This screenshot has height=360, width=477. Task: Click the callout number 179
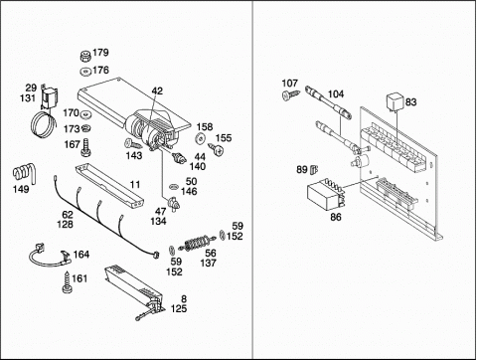(100, 53)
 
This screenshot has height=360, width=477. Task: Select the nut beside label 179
(85, 56)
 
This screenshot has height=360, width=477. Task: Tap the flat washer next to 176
(85, 72)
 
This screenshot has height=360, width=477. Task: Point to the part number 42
(157, 90)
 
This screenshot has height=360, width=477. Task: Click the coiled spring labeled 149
(24, 173)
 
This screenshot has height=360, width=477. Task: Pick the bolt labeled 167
(86, 147)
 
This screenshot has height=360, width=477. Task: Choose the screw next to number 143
(133, 144)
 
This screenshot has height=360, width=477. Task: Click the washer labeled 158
(200, 138)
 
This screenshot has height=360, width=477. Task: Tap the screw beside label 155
(216, 149)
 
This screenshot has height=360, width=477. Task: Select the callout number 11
(135, 185)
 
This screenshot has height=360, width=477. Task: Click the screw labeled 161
(68, 282)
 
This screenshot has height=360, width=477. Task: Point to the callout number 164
(81, 255)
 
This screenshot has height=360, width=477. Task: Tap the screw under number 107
(291, 94)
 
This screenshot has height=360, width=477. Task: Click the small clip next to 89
(313, 170)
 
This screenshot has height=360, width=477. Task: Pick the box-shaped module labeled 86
(325, 195)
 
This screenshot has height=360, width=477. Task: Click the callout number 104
(336, 94)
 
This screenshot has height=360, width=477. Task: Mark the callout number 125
(179, 309)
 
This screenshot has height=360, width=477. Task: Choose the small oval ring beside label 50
(174, 187)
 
